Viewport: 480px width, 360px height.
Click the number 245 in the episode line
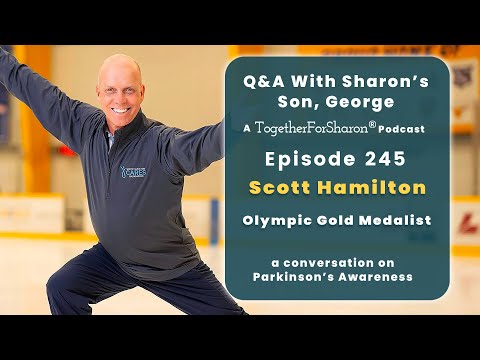coord(385,159)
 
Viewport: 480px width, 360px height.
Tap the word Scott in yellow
coord(280,187)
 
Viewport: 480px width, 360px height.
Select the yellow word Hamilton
coord(371,187)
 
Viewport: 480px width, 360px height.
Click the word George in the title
coord(360,102)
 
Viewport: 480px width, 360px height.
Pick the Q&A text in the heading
coord(264,81)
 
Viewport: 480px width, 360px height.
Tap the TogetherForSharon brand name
coord(312,128)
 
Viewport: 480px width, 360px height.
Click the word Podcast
coord(401,129)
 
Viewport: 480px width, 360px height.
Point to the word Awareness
coord(376,277)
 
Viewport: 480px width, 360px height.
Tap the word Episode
coord(310,159)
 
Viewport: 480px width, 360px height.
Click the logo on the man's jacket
coord(133,172)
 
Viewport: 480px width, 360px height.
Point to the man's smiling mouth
coord(121,110)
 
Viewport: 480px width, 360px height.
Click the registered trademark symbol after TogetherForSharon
coord(373,125)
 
